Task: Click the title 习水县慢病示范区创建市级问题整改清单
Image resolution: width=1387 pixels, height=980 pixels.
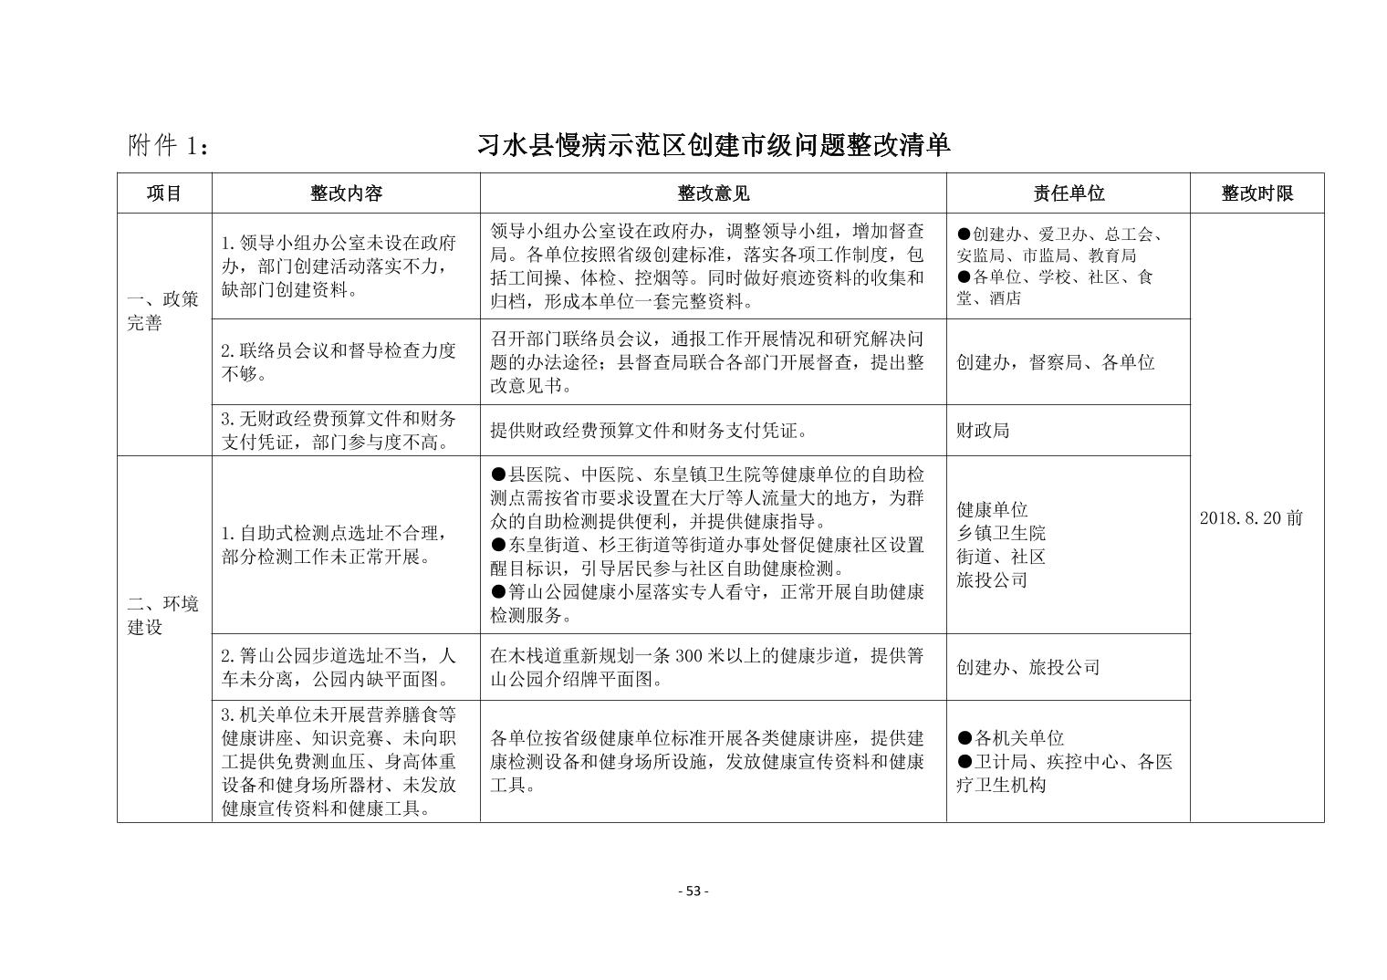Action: coord(714,145)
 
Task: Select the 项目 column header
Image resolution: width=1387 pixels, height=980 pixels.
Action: coord(164,193)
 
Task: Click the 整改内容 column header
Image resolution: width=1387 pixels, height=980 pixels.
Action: coord(346,193)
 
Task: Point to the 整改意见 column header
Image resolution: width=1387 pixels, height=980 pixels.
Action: coord(713,193)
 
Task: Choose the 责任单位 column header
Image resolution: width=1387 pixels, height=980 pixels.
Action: coord(1068,193)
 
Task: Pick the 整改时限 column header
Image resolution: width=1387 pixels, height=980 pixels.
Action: coord(1257,193)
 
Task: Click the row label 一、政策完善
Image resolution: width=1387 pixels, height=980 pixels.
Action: coord(163,311)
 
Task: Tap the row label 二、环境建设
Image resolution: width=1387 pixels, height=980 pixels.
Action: coord(163,615)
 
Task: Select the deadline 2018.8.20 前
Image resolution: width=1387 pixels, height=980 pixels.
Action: coord(1250,518)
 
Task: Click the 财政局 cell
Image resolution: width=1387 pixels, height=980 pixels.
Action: coord(983,431)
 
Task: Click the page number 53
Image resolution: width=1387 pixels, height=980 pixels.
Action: coord(693,891)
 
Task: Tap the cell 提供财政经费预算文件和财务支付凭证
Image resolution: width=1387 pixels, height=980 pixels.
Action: coord(648,431)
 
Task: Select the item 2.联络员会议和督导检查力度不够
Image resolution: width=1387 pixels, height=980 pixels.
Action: coord(339,362)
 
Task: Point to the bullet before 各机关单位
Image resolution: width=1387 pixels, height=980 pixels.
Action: coord(965,738)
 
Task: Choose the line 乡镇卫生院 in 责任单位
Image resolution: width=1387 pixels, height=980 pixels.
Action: coord(1001,533)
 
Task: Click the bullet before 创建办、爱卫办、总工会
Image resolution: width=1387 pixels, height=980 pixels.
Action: coord(964,233)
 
